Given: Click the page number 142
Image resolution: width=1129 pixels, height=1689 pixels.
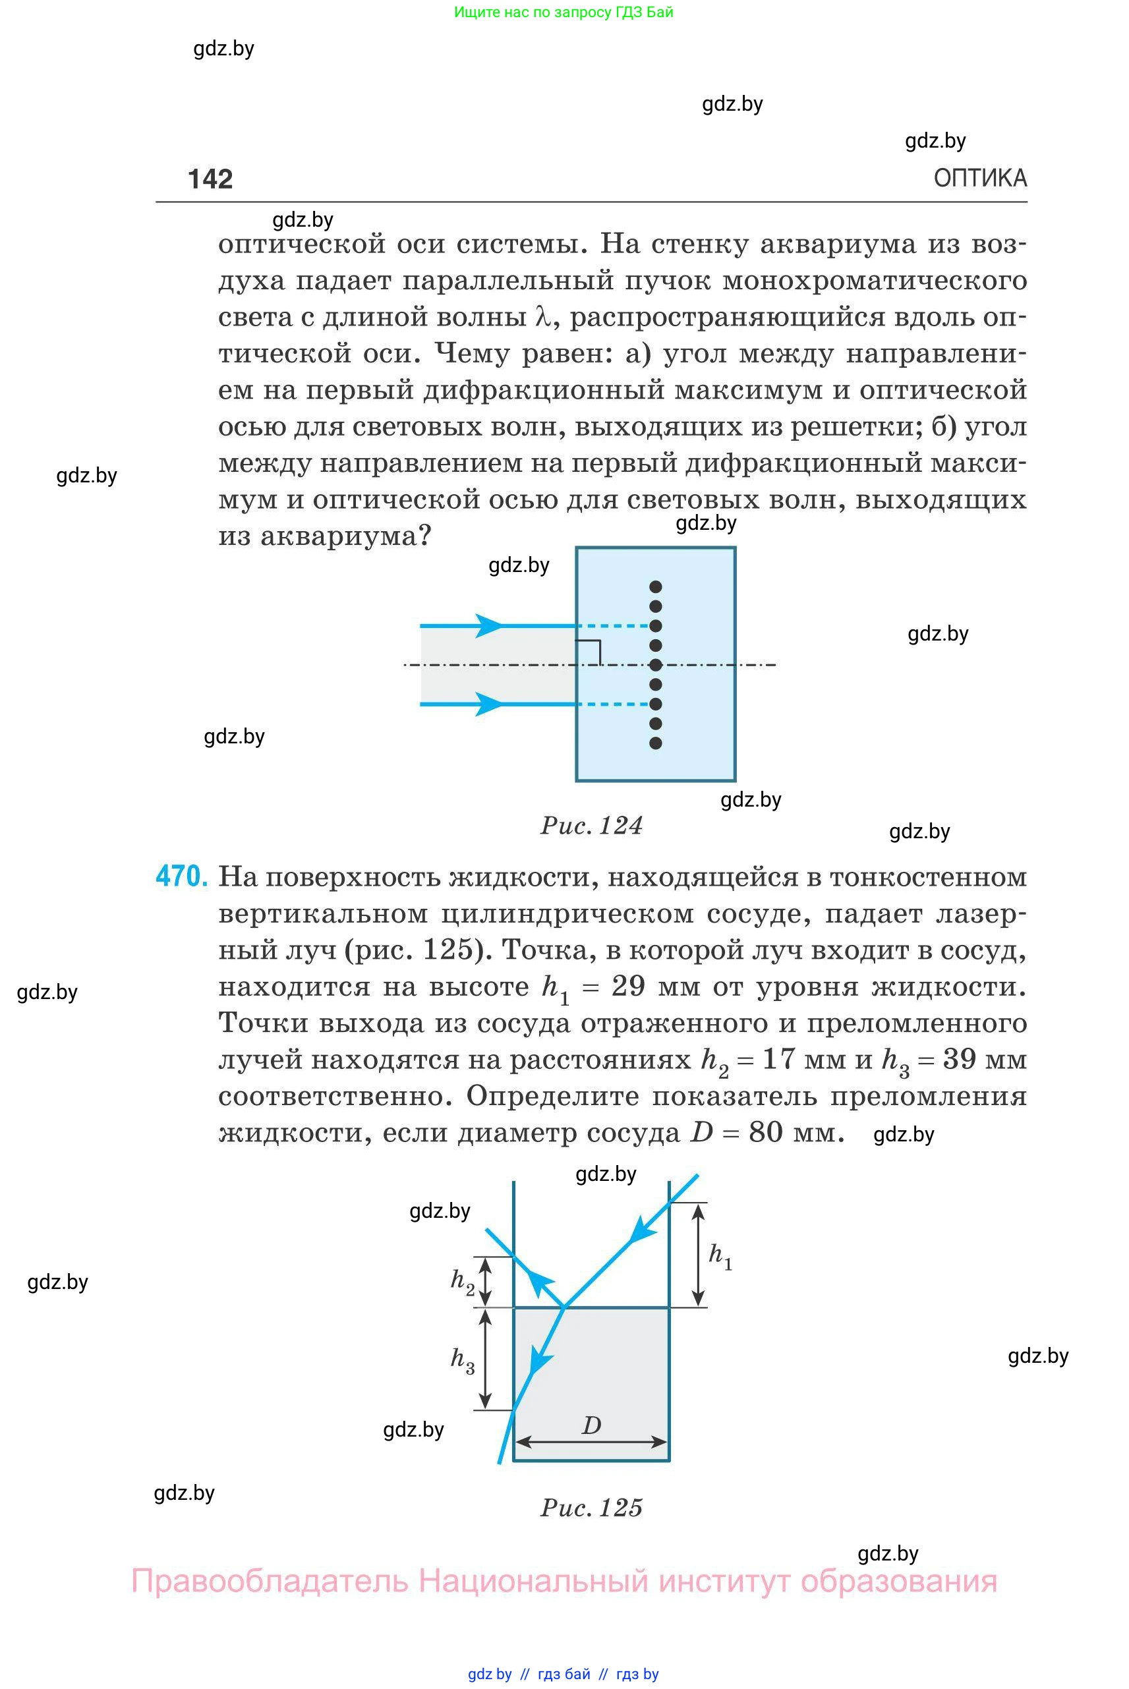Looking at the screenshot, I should tap(210, 179).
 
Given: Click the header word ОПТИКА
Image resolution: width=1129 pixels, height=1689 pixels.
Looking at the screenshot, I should tap(979, 178).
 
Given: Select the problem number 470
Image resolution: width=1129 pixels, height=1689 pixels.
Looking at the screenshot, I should tap(181, 876).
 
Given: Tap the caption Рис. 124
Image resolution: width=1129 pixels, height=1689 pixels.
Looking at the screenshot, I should tap(591, 825).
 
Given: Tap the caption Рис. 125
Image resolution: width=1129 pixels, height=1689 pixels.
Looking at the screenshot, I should tap(591, 1507).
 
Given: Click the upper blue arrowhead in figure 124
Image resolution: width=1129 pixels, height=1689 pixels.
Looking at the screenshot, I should tap(489, 625).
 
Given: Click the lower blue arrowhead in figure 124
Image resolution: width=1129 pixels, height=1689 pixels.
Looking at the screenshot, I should tap(489, 703).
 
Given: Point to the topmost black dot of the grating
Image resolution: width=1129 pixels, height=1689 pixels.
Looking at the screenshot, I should tap(655, 587).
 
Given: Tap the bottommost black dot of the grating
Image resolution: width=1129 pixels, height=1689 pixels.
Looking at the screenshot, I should tap(655, 743).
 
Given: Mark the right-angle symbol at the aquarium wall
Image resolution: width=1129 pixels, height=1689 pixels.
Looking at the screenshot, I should tap(590, 650).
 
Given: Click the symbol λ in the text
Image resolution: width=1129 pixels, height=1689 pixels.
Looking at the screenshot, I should tap(544, 317).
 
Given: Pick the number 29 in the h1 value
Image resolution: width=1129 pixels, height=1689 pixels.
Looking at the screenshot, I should tap(628, 987).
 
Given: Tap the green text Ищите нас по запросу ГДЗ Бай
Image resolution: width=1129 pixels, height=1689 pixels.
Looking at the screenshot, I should tap(563, 13).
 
